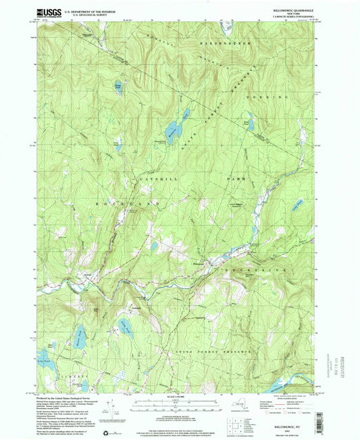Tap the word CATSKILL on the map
tap(156, 178)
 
